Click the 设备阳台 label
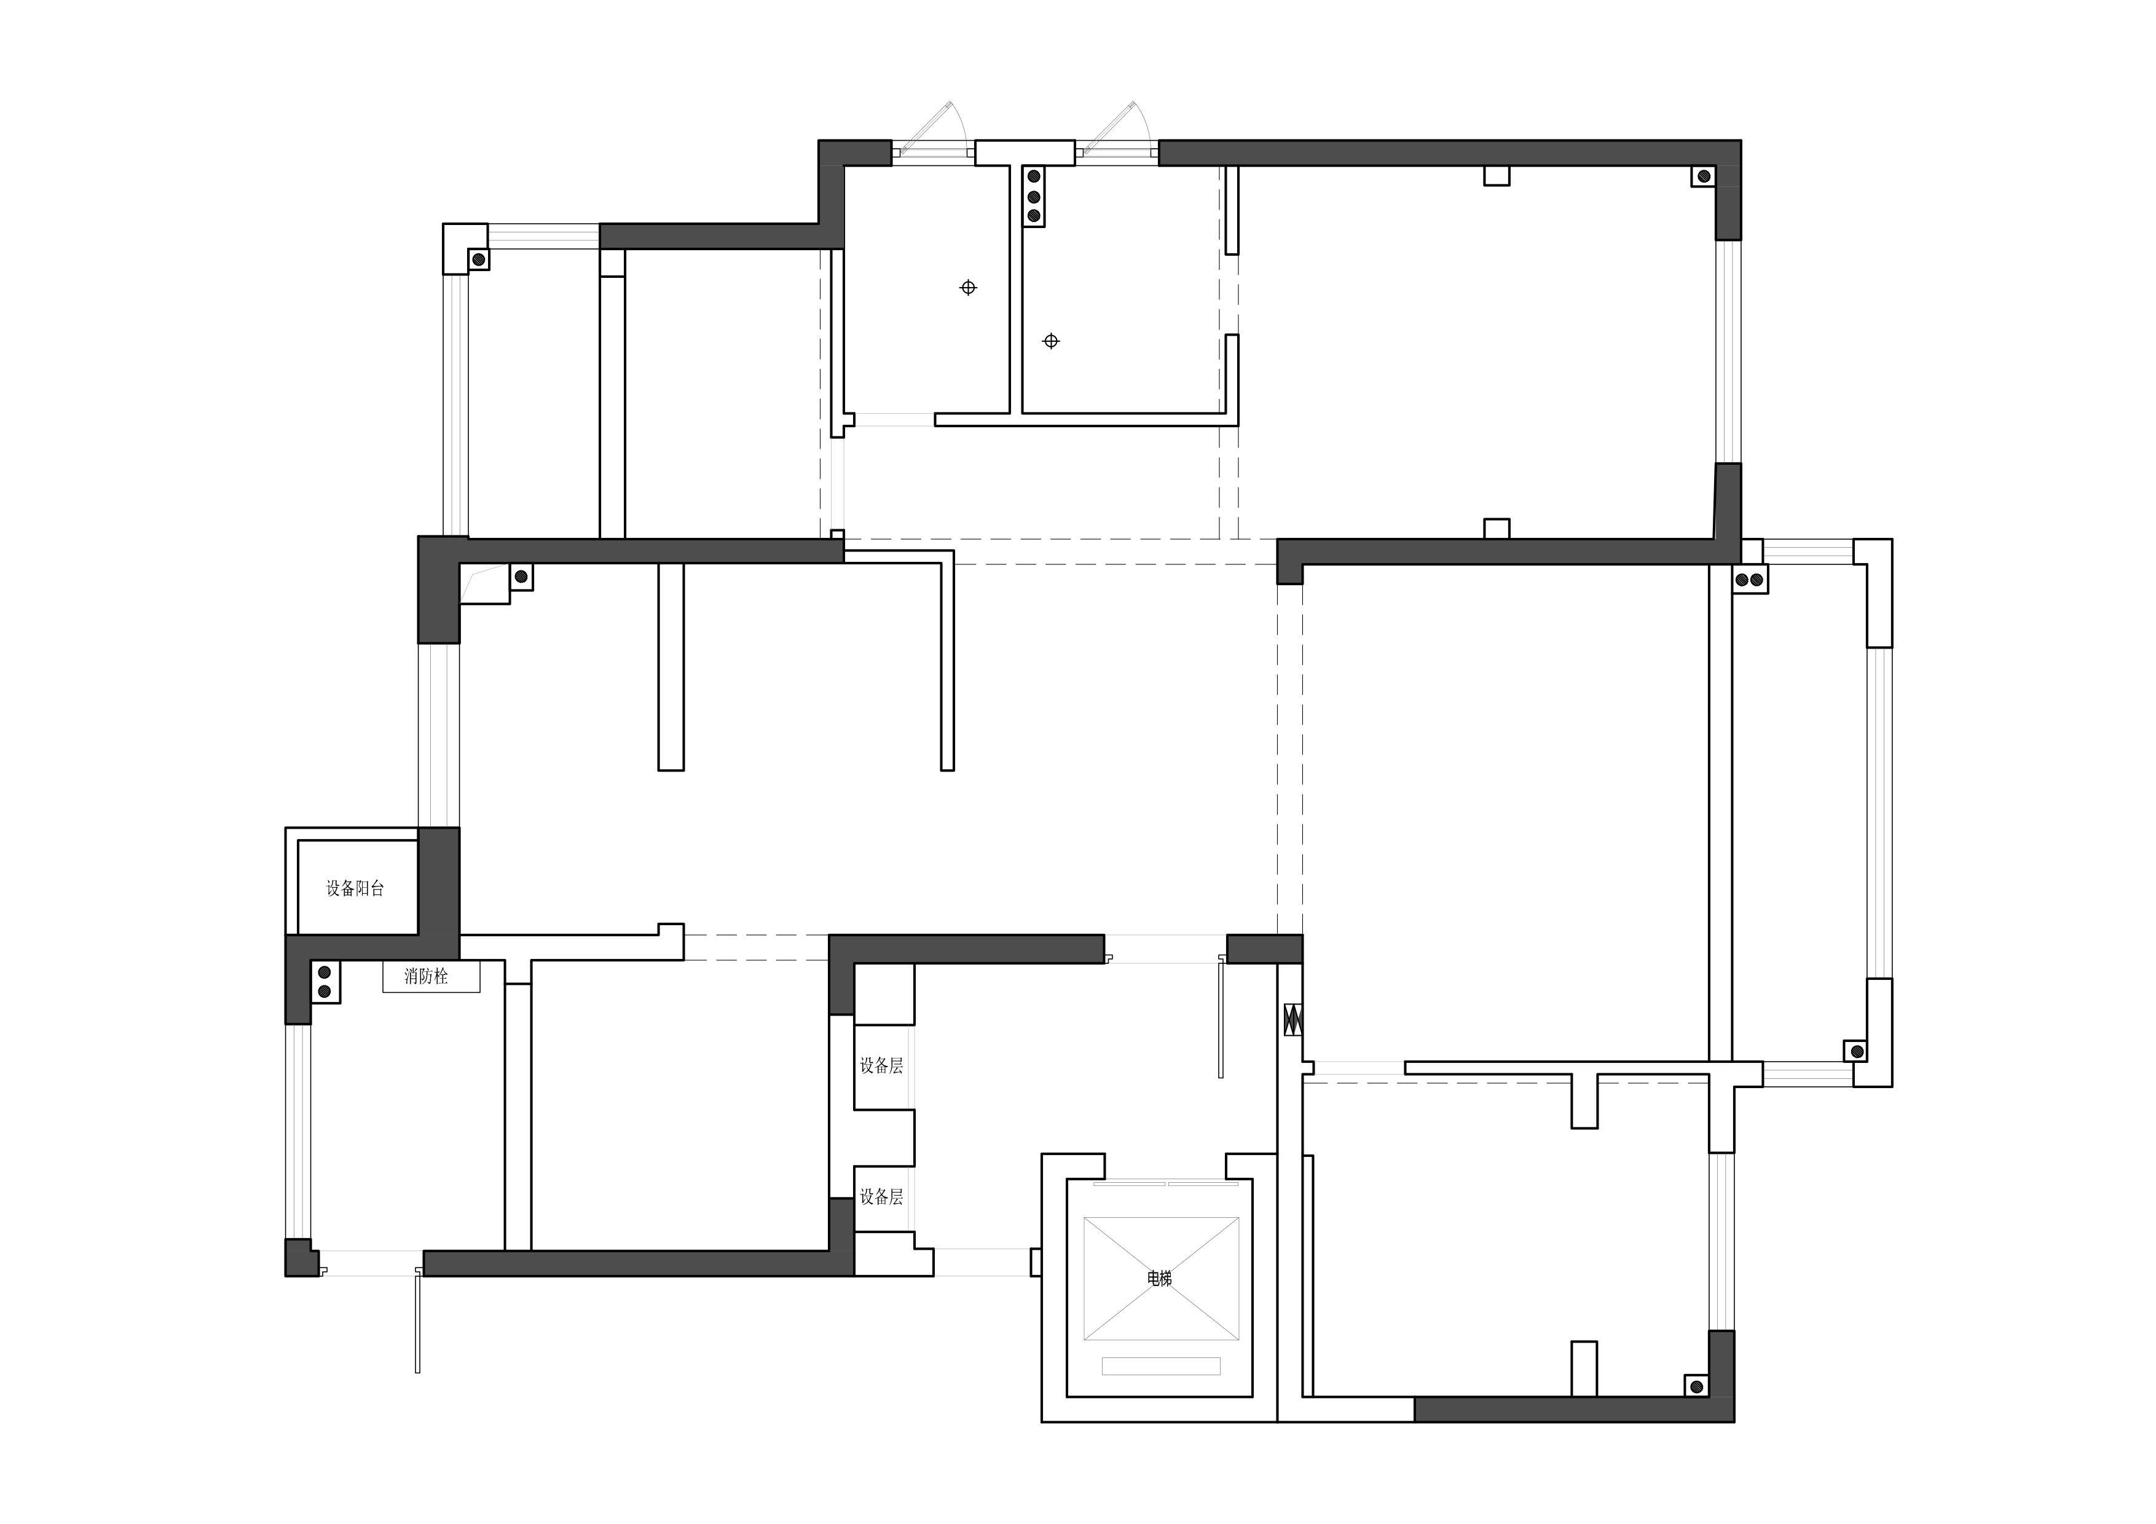pyautogui.click(x=355, y=888)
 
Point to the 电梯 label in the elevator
pyautogui.click(x=1160, y=1278)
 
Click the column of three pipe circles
pyautogui.click(x=1034, y=196)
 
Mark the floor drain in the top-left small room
pyautogui.click(x=968, y=287)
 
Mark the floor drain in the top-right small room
pyautogui.click(x=1051, y=341)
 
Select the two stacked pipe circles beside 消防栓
pyautogui.click(x=324, y=982)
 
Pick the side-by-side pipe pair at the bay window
pyautogui.click(x=1749, y=579)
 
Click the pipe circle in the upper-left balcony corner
pyautogui.click(x=478, y=259)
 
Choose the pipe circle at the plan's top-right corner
pyautogui.click(x=1702, y=176)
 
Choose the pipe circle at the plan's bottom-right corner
pyautogui.click(x=1696, y=1386)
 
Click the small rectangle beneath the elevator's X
pyautogui.click(x=1160, y=1366)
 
